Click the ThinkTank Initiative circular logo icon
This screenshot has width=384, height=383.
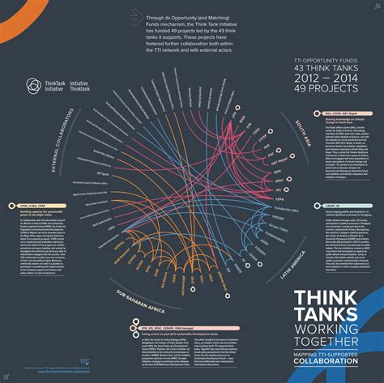tap(32, 85)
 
